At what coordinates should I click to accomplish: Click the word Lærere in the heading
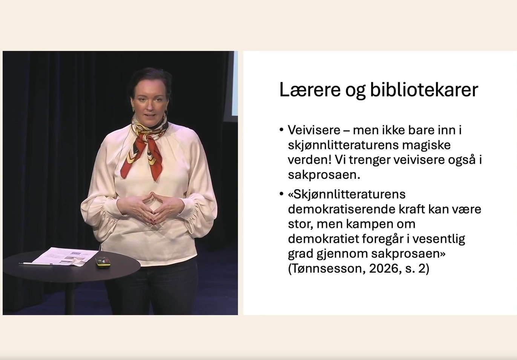310,89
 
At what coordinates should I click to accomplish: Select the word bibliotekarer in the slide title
424,89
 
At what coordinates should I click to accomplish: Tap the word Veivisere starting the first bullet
314,130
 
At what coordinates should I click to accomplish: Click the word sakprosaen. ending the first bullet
324,175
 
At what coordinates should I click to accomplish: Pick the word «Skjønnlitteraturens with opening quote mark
347,194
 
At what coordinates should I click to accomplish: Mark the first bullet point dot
281,129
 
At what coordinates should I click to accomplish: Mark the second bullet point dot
281,194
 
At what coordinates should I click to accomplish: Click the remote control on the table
103,262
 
